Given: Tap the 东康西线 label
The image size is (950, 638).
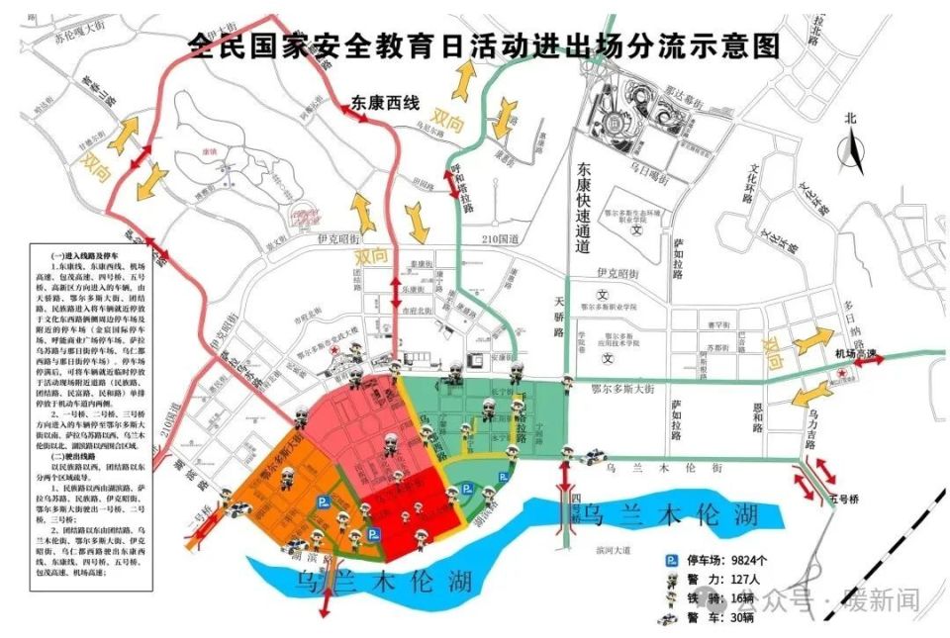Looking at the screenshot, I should coord(385,102).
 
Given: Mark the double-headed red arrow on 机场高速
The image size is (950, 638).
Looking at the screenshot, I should coord(870,363).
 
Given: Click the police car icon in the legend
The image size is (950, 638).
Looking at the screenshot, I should coord(672,619).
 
